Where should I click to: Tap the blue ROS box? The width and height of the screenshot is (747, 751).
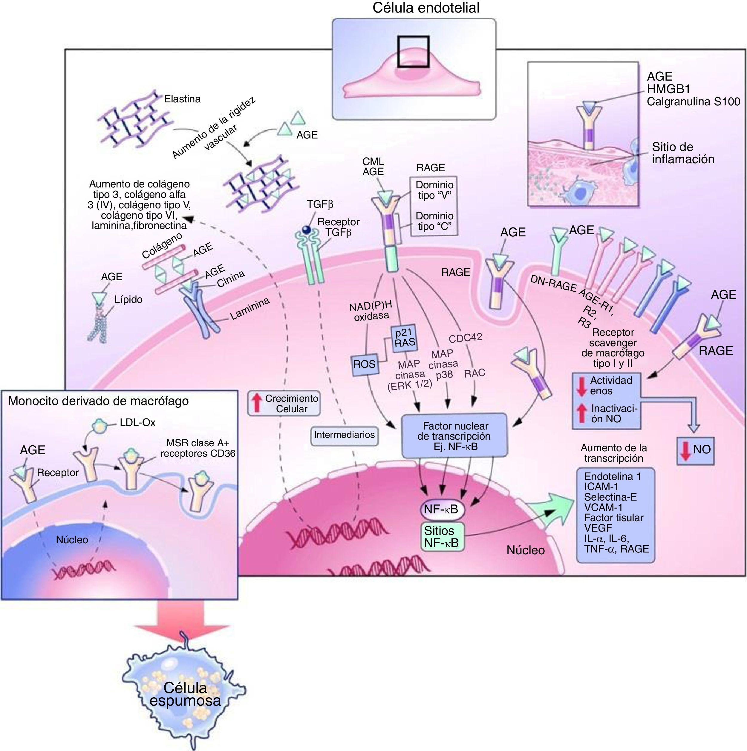pos(365,364)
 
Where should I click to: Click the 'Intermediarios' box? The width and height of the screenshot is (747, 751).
pos(344,435)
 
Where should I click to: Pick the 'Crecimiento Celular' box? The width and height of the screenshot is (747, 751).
pos(284,404)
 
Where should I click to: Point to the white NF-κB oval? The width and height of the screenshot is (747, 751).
pos(442,510)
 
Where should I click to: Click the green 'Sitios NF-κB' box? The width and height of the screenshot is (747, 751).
pos(442,536)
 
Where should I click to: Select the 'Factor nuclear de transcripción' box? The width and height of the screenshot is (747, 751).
pos(455,435)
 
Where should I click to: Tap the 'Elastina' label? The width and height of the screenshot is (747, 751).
pos(182,99)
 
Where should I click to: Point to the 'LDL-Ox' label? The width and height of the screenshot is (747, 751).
pos(137,423)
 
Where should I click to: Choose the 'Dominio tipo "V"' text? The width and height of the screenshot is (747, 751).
pos(434,190)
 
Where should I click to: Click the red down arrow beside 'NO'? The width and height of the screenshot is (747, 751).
pos(686,451)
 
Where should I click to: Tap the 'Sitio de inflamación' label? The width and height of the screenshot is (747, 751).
pos(683,153)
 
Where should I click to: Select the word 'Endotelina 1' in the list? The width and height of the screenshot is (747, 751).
pos(612,477)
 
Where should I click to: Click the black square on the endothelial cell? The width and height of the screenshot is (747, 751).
pos(413,52)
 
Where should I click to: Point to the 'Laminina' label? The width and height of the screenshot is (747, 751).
pos(250,309)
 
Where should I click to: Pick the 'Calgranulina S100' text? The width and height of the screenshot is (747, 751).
pos(693,102)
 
